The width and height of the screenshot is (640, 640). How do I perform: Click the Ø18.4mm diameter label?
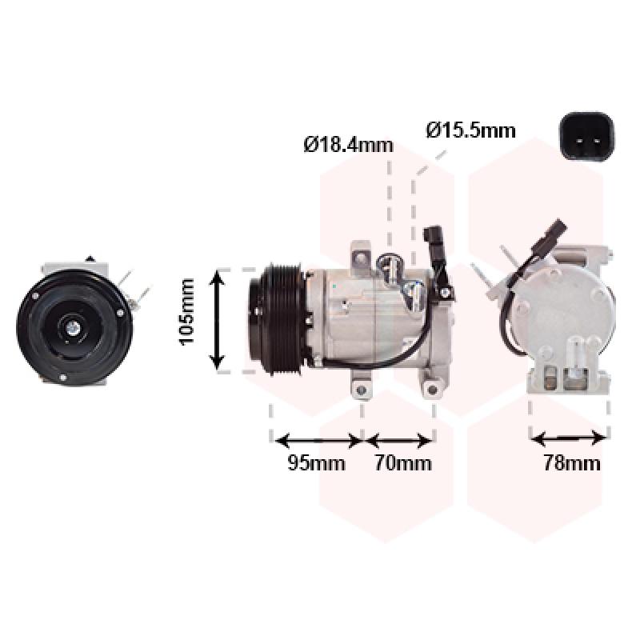click(x=348, y=145)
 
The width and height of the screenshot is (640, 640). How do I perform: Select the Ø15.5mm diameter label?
click(x=470, y=130)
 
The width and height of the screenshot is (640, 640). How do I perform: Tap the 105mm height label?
click(x=187, y=311)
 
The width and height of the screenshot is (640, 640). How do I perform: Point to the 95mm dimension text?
click(x=316, y=463)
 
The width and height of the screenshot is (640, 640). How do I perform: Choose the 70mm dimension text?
click(x=402, y=463)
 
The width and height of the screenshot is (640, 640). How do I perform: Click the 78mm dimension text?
click(x=571, y=463)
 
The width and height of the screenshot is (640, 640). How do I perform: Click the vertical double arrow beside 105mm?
click(x=218, y=319)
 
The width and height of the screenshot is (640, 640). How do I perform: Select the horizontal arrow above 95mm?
click(x=318, y=439)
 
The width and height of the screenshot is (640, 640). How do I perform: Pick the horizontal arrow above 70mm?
click(x=399, y=439)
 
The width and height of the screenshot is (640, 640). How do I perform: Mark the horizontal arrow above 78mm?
click(x=569, y=438)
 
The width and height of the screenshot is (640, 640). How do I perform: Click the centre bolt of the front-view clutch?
click(x=70, y=326)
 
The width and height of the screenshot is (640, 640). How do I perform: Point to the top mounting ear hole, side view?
click(x=360, y=258)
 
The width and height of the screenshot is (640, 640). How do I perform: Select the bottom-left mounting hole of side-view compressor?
click(x=361, y=390)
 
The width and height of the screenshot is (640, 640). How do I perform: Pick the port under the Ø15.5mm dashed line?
click(x=414, y=290)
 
